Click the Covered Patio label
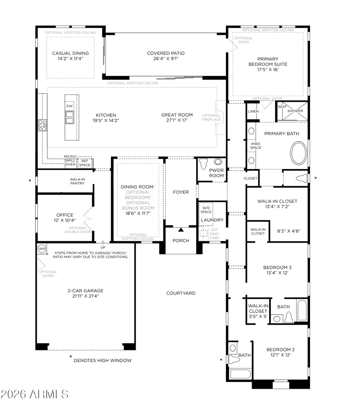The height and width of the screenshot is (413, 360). [x=166, y=53]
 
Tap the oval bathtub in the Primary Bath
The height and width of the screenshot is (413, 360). [x=299, y=153]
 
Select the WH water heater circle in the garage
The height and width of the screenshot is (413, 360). [x=42, y=249]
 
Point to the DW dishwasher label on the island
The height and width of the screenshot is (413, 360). [x=69, y=106]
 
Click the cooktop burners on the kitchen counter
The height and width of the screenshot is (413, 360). [x=42, y=125]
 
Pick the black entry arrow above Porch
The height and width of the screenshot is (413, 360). [x=181, y=230]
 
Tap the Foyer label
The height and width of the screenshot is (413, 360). [x=181, y=192]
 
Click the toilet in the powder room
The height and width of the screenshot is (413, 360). [x=203, y=164]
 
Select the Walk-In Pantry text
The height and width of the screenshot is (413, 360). [x=77, y=181]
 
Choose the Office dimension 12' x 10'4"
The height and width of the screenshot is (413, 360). [x=65, y=220]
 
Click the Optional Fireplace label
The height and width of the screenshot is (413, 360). [x=211, y=117]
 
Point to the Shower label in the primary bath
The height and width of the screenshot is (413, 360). [x=295, y=111]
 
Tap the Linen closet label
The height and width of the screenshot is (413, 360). [x=253, y=112]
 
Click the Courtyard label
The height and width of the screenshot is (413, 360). [x=181, y=293]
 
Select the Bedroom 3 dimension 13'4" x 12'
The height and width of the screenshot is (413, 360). [x=277, y=273]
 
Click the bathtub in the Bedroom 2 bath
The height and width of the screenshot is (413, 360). [x=240, y=374]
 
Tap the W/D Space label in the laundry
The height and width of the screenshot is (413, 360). [x=206, y=210]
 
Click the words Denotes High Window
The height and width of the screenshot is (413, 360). [x=103, y=360]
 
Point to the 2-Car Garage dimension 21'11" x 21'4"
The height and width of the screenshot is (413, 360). [x=85, y=296]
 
